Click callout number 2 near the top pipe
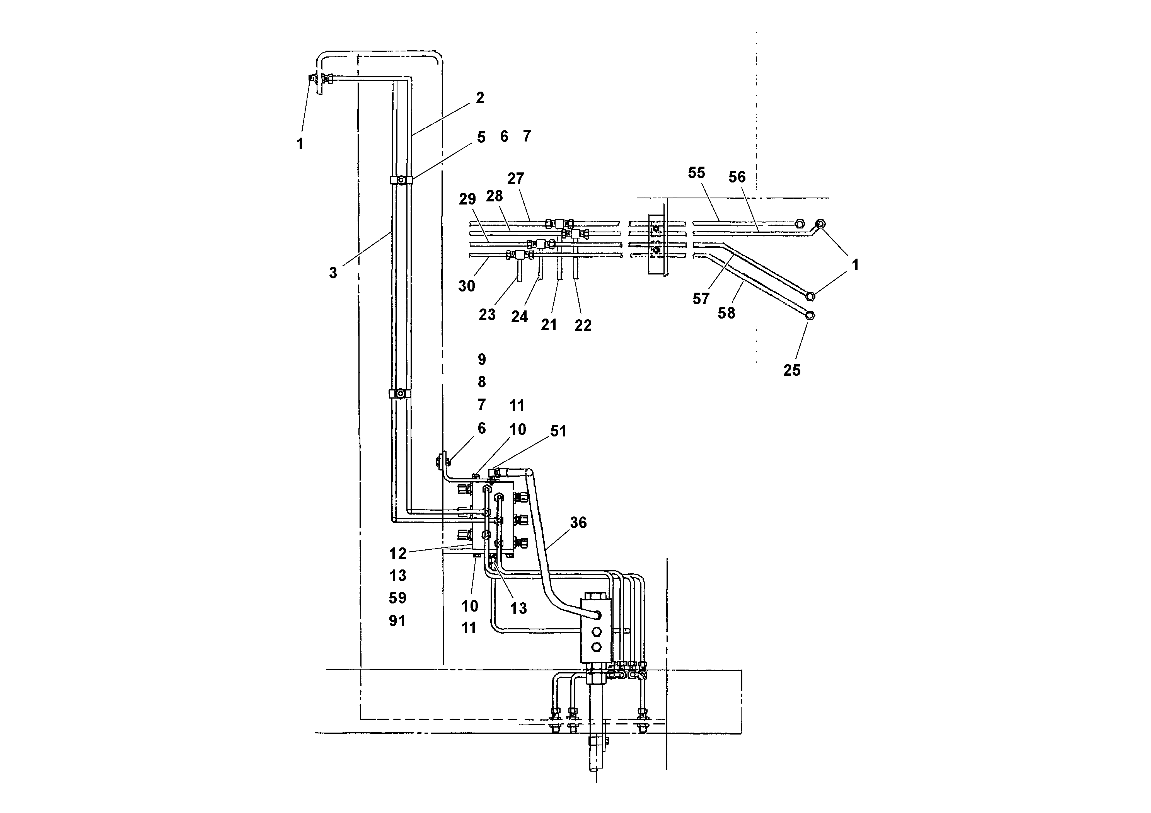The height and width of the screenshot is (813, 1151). tap(480, 98)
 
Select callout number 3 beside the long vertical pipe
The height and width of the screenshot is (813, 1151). tap(333, 273)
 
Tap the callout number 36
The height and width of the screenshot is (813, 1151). tap(578, 523)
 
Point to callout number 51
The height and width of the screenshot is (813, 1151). tap(558, 431)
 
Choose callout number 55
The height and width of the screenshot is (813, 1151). tap(696, 173)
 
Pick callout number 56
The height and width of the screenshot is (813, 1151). tap(737, 177)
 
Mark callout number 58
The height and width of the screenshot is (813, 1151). tap(726, 313)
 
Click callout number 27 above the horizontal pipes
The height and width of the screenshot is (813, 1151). tap(515, 179)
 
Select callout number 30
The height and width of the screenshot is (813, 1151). tap(466, 286)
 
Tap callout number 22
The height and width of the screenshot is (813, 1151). tap(583, 326)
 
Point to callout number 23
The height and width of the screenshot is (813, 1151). tap(487, 315)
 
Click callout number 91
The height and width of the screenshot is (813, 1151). tap(397, 621)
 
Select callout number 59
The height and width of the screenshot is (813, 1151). tap(397, 598)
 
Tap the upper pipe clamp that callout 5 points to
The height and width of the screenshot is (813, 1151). tap(401, 179)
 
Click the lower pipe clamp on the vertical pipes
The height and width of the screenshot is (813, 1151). tap(400, 394)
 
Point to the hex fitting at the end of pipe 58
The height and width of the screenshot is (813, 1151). tap(810, 315)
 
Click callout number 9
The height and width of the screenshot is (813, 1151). tap(482, 360)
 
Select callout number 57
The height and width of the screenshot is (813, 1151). tap(701, 299)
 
